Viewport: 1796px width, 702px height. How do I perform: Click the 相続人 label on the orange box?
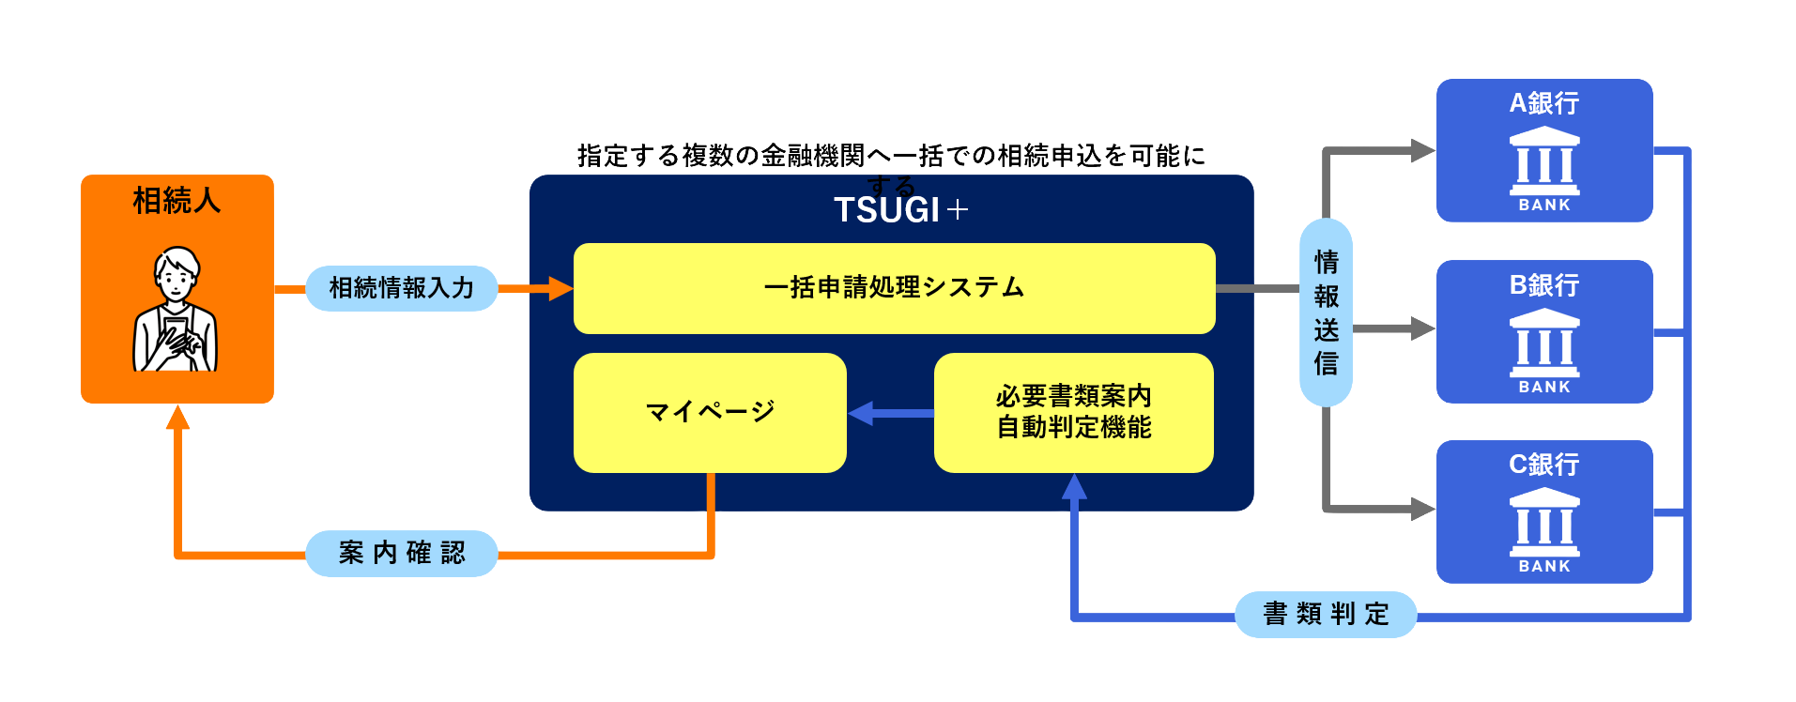point(177,201)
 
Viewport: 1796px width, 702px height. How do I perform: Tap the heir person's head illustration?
point(177,272)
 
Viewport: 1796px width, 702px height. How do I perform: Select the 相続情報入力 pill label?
point(401,288)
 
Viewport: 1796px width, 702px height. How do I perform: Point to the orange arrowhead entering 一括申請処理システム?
point(560,288)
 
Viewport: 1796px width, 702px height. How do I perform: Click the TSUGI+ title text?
point(899,210)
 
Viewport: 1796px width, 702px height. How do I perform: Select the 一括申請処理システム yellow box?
point(894,288)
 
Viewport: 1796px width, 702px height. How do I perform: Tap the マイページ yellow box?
point(710,412)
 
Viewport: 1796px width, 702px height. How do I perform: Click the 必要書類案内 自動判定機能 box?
point(1073,412)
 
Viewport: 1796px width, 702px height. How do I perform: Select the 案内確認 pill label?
point(401,553)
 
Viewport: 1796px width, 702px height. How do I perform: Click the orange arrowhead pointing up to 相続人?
point(177,418)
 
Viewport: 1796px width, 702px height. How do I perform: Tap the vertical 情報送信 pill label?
point(1325,313)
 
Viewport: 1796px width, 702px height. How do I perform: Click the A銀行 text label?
point(1543,103)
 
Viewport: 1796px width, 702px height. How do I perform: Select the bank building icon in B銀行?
point(1543,342)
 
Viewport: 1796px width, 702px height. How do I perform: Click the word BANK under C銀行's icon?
point(1543,566)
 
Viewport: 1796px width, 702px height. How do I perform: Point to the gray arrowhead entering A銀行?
point(1422,150)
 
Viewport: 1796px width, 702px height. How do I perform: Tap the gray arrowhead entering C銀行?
point(1422,510)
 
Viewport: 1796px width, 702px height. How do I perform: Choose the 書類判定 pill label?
point(1325,615)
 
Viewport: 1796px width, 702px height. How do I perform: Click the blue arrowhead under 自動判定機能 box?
point(1074,486)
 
